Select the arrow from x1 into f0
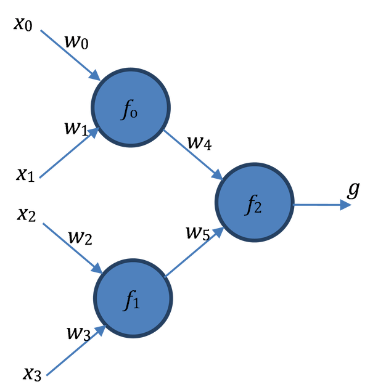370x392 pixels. [68, 155]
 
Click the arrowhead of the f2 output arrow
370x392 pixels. [345, 205]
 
